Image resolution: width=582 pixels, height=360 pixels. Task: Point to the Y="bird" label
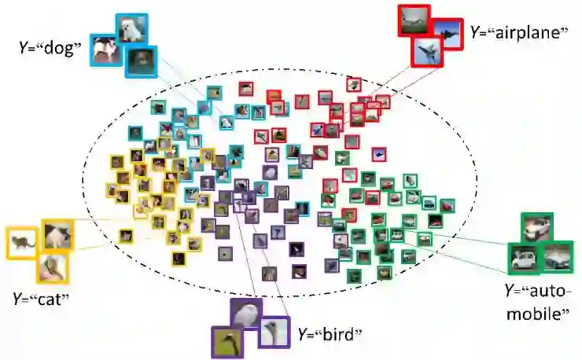[x=330, y=333]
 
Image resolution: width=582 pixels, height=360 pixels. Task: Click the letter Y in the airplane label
[x=475, y=33]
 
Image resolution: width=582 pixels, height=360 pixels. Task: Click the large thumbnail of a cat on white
[x=21, y=243]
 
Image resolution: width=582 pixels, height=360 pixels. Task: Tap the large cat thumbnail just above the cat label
[x=53, y=268]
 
